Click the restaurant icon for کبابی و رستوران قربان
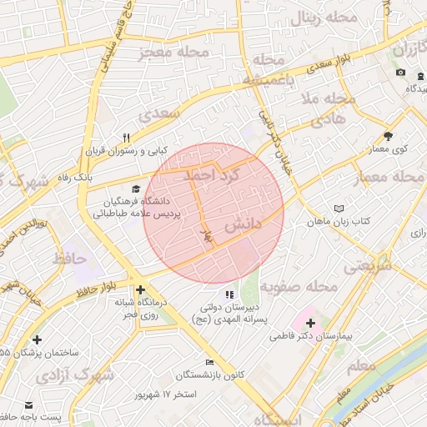click(127, 138)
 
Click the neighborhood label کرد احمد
click(212, 176)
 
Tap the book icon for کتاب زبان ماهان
click(338, 208)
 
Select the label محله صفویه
click(298, 286)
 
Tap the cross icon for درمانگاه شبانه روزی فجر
click(140, 289)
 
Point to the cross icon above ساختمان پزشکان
click(37, 339)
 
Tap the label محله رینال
click(321, 18)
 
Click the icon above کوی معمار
click(388, 136)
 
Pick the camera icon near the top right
click(400, 73)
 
